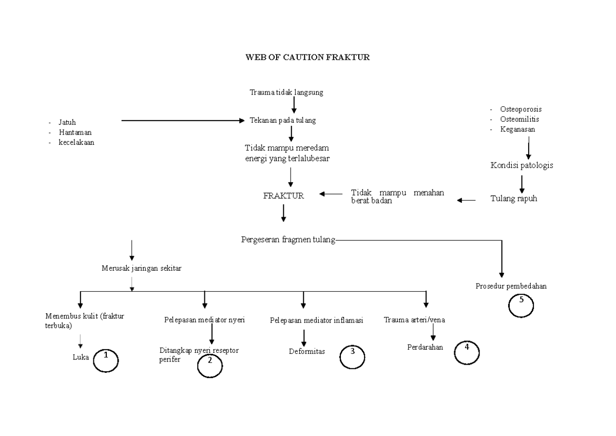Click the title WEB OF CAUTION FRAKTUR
click(x=307, y=58)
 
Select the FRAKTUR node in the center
click(x=283, y=196)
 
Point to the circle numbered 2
click(x=210, y=365)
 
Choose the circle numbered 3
click(x=352, y=356)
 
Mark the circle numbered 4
click(x=467, y=352)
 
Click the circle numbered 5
click(x=521, y=306)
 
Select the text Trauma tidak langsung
click(x=286, y=92)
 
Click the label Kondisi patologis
click(x=522, y=166)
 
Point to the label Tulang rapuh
click(x=513, y=199)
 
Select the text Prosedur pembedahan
click(x=511, y=286)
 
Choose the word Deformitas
click(x=306, y=352)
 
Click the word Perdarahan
click(x=425, y=347)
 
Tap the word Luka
click(x=81, y=357)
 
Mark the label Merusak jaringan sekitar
click(x=141, y=268)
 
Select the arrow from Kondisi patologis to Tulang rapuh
click(x=522, y=184)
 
